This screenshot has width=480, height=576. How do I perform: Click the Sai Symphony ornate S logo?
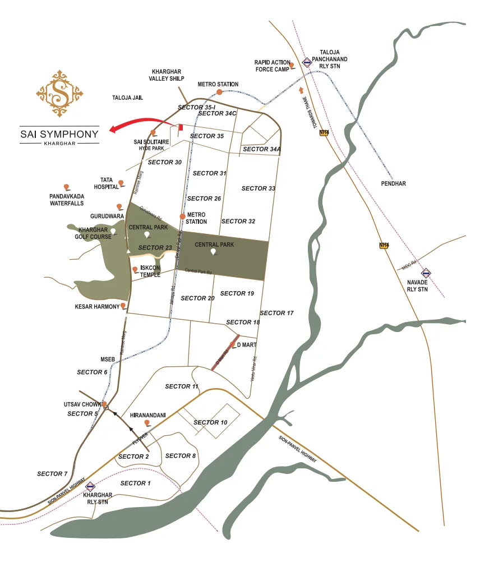pyautogui.click(x=59, y=93)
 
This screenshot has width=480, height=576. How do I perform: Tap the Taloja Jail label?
pyautogui.click(x=128, y=98)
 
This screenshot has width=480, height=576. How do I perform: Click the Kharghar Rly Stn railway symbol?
pyautogui.click(x=89, y=486)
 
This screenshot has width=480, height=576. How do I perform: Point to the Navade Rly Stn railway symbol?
pyautogui.click(x=426, y=273)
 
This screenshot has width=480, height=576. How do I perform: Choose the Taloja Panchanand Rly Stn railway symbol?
pyautogui.click(x=307, y=62)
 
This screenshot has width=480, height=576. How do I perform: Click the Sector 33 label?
pyautogui.click(x=259, y=188)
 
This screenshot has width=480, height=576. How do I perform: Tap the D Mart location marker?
pyautogui.click(x=232, y=344)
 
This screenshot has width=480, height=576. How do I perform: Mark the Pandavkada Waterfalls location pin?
pyautogui.click(x=66, y=186)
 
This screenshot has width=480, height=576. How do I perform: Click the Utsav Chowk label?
pyautogui.click(x=82, y=404)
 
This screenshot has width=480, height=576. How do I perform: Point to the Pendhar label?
pyautogui.click(x=393, y=183)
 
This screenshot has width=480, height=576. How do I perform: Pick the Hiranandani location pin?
pyautogui.click(x=147, y=422)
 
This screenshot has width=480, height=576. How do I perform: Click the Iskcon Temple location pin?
pyautogui.click(x=135, y=270)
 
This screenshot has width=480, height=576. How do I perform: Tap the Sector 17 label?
pyautogui.click(x=277, y=313)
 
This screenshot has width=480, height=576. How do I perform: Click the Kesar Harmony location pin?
pyautogui.click(x=123, y=306)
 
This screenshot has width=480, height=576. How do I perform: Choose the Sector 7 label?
pyautogui.click(x=52, y=474)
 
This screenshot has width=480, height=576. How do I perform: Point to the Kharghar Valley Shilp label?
pyautogui.click(x=167, y=75)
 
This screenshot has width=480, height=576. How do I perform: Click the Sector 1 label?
pyautogui.click(x=136, y=483)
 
